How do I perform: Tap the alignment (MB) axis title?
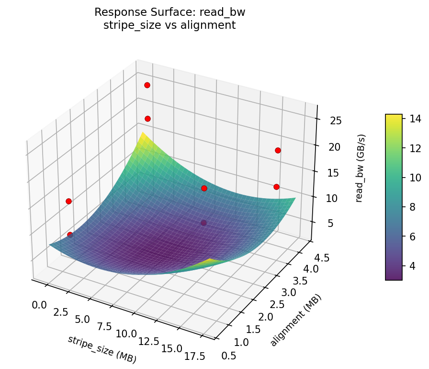pos(296,320)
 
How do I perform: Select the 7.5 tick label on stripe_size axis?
pos(104,327)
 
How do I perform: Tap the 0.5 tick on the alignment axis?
pos(229,356)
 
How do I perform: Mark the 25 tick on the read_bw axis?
pos(336,120)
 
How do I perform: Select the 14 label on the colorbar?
pos(415,119)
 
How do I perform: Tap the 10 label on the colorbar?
pos(415,178)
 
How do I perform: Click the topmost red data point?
pos(147,85)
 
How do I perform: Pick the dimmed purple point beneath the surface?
pos(203,223)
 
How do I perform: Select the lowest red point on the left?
pos(70,235)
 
